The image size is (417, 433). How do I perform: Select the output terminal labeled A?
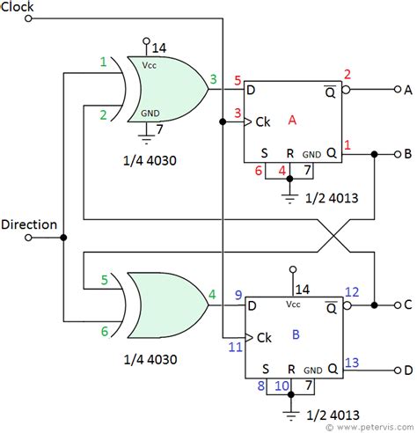406,89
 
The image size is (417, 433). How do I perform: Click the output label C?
406,305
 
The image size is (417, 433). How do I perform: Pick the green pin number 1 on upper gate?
103,62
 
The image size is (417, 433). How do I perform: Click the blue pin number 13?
352,361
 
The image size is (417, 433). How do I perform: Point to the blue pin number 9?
238,294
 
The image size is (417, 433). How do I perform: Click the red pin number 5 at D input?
238,82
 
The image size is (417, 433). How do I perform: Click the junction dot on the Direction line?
63,237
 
